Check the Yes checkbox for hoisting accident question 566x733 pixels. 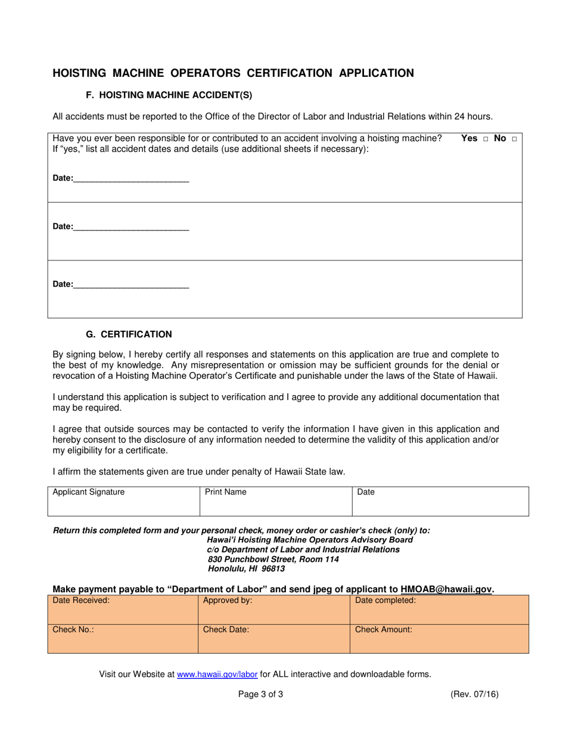coord(486,139)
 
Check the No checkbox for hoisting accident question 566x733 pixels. coord(514,139)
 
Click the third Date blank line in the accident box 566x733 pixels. coord(131,284)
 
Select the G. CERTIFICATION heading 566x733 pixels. coord(129,334)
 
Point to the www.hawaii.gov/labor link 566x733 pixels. coord(217,675)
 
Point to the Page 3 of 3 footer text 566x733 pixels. coord(260,694)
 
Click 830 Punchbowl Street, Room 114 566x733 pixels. coord(273,559)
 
